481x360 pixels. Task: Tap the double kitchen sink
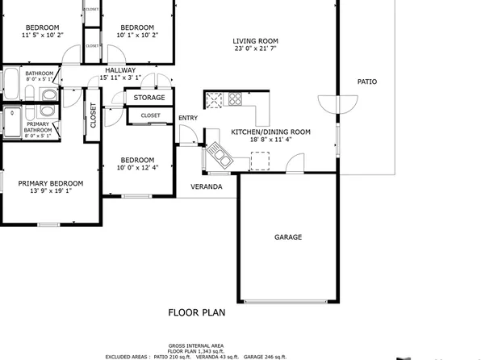click(218, 153)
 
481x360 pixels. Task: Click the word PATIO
click(367, 82)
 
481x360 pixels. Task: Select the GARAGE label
click(288, 237)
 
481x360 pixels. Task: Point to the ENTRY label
click(188, 119)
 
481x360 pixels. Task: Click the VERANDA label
click(207, 186)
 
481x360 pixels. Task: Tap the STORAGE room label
click(149, 98)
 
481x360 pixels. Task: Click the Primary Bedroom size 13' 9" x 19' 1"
click(51, 191)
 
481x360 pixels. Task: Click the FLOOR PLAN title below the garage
click(196, 312)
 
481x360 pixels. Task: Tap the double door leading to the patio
click(337, 104)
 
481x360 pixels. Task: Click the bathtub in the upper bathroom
click(13, 83)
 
